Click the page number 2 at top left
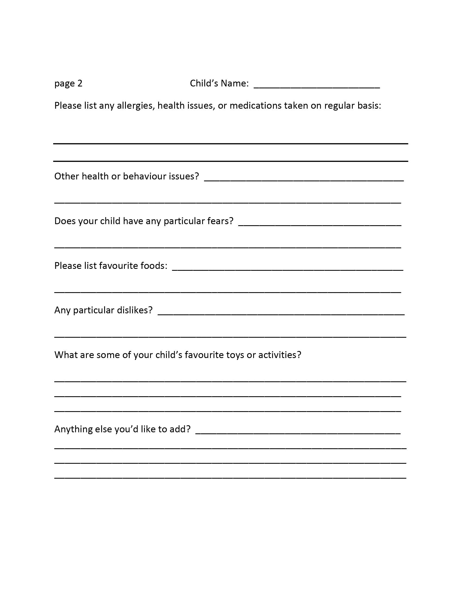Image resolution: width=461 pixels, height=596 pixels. [80, 83]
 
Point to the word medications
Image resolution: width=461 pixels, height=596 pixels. [255, 105]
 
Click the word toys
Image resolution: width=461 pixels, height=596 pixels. [235, 355]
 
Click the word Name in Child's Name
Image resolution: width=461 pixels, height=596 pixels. [234, 83]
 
